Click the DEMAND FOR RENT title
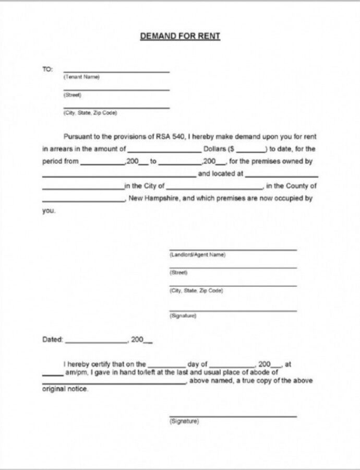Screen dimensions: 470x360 (180, 36)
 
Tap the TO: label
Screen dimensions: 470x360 (47, 69)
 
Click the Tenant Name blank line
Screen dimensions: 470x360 (116, 71)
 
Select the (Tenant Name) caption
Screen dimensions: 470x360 (81, 77)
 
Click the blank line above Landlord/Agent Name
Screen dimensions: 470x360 (233, 250)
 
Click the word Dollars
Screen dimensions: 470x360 (215, 149)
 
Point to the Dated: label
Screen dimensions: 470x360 (52, 339)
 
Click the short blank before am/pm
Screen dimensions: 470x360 (52, 374)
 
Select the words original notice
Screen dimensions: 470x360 (65, 389)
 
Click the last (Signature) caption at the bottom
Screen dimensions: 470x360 (184, 421)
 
